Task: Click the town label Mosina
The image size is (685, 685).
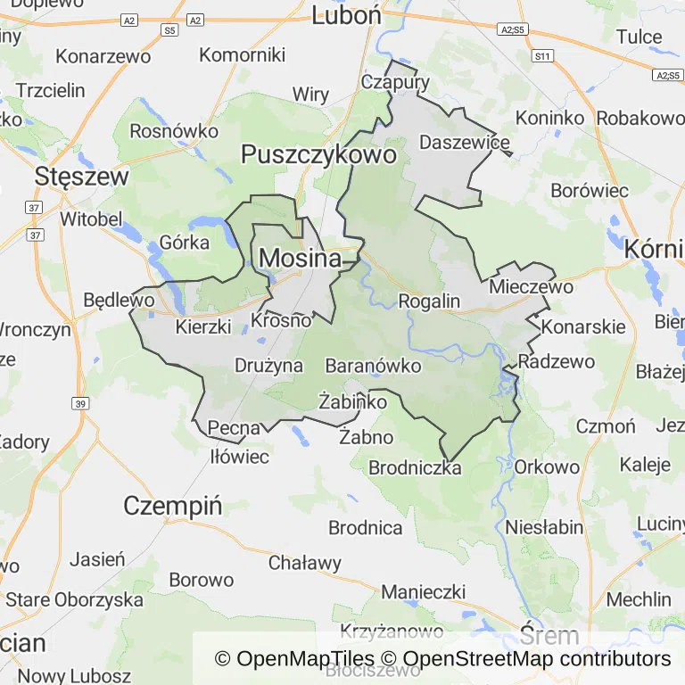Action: pyautogui.click(x=300, y=259)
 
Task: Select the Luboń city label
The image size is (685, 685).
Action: pyautogui.click(x=346, y=15)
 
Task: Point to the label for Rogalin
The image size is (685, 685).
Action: pyautogui.click(x=429, y=301)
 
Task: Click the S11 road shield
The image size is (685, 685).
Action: pyautogui.click(x=541, y=56)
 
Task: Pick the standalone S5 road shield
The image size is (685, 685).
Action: pyautogui.click(x=169, y=30)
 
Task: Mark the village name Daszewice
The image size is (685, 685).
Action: pyautogui.click(x=465, y=143)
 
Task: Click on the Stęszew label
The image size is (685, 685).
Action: pyautogui.click(x=81, y=177)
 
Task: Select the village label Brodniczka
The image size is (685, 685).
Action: pyautogui.click(x=415, y=467)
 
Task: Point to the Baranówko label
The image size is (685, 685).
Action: pyautogui.click(x=373, y=366)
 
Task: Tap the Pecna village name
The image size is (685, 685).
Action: pyautogui.click(x=234, y=428)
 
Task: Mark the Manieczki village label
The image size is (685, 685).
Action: pyautogui.click(x=424, y=591)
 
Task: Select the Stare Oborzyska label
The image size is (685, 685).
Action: pyautogui.click(x=74, y=599)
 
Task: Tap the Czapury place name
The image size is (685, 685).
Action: pyautogui.click(x=395, y=82)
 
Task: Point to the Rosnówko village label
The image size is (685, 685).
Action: pyautogui.click(x=174, y=131)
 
